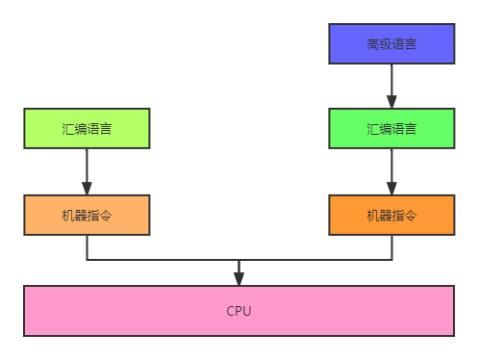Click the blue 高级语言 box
pos(391,44)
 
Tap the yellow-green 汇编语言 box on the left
pos(87,128)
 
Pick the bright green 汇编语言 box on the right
pos(391,128)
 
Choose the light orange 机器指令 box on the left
pos(87,215)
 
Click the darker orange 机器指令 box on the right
pos(391,215)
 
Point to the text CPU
pos(239,311)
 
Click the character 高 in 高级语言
pos(372,44)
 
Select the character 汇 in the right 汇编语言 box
pos(372,129)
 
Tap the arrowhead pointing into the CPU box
pos(239,278)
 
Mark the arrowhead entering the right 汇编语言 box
pos(391,101)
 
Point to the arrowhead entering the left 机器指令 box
pos(87,188)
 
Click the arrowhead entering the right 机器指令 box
pos(391,188)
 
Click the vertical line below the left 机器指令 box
pos(87,247)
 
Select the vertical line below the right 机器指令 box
pos(391,247)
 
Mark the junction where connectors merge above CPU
pos(239,260)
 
